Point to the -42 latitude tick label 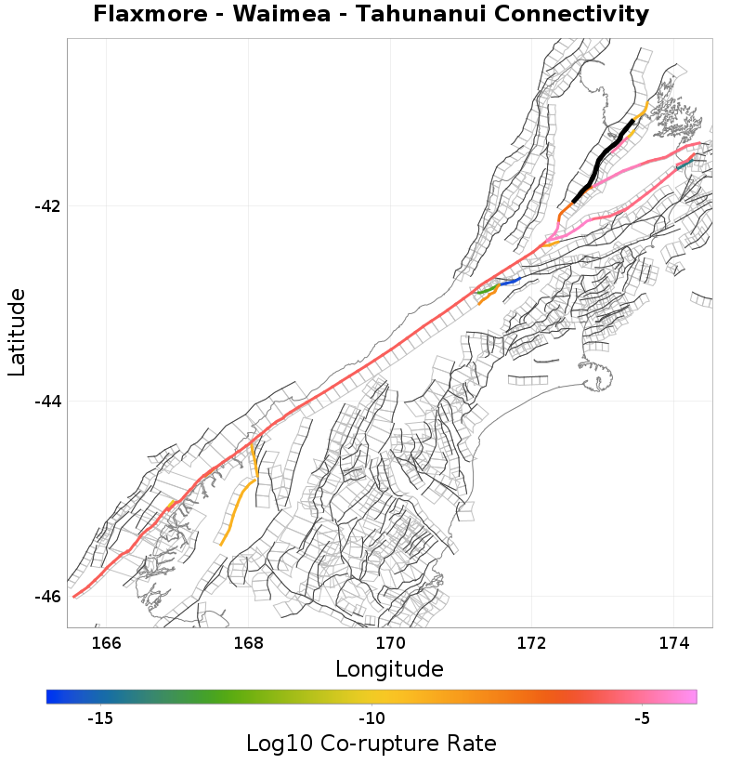[x=46, y=206]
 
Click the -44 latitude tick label [x=46, y=402]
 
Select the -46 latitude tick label [x=46, y=597]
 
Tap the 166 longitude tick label [x=107, y=643]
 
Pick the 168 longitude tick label [x=249, y=643]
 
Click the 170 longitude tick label [x=390, y=643]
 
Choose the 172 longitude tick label [x=532, y=643]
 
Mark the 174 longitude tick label [x=673, y=643]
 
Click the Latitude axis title [x=17, y=332]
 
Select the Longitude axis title [x=389, y=669]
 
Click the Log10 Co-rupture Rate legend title [x=371, y=744]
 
